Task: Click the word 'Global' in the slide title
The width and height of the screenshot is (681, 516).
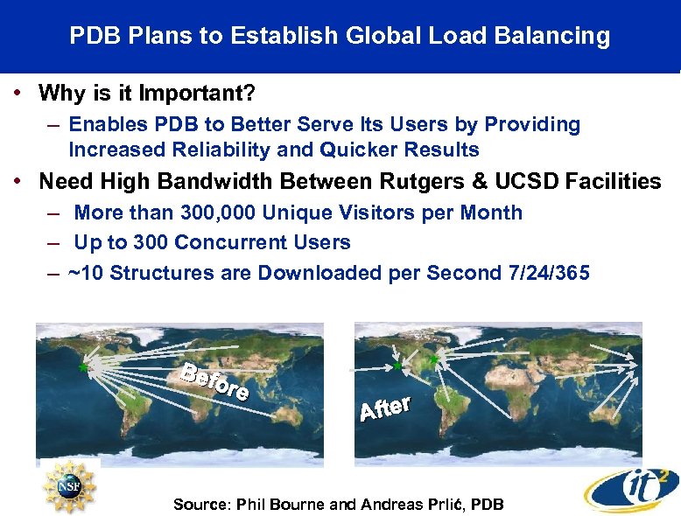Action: point(374,36)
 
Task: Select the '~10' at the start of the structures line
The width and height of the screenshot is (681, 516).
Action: point(86,272)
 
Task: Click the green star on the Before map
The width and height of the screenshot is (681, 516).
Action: point(84,367)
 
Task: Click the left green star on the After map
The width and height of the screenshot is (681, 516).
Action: point(398,366)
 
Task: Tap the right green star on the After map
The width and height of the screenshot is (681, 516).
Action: point(433,359)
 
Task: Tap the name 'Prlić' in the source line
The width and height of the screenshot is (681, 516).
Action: point(436,504)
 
